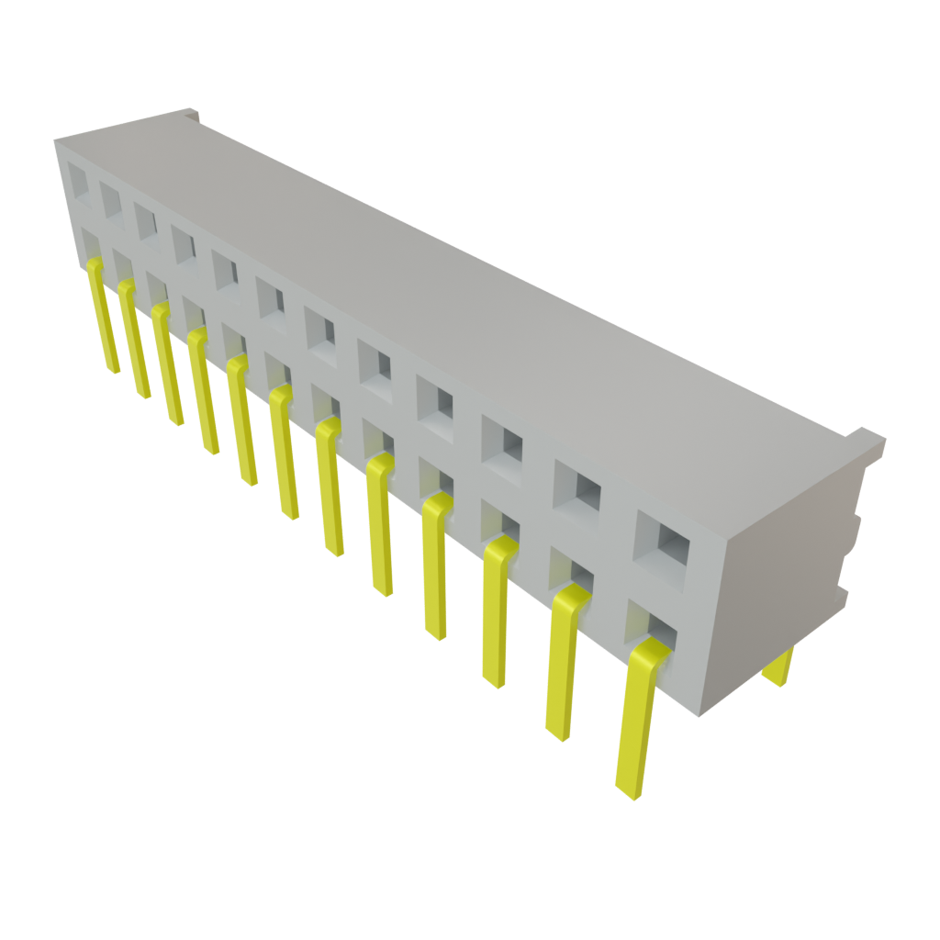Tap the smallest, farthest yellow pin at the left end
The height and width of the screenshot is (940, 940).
coord(102,317)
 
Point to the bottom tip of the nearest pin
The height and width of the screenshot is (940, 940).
coord(628,791)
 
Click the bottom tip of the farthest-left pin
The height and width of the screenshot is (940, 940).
coord(113,369)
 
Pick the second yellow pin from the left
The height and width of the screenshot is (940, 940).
coord(134,340)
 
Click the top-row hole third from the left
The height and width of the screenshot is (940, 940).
coord(145,220)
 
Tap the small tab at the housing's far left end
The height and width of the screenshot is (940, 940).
coord(191,114)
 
